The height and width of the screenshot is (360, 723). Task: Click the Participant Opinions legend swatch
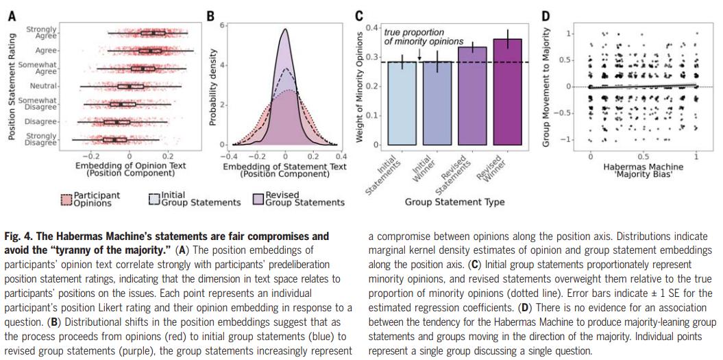tap(66, 200)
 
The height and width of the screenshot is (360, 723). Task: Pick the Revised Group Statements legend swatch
tap(258, 200)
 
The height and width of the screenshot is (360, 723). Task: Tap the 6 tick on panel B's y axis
tap(221, 25)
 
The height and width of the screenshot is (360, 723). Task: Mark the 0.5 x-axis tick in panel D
tap(644, 156)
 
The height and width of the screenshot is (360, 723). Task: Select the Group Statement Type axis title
tap(454, 202)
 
